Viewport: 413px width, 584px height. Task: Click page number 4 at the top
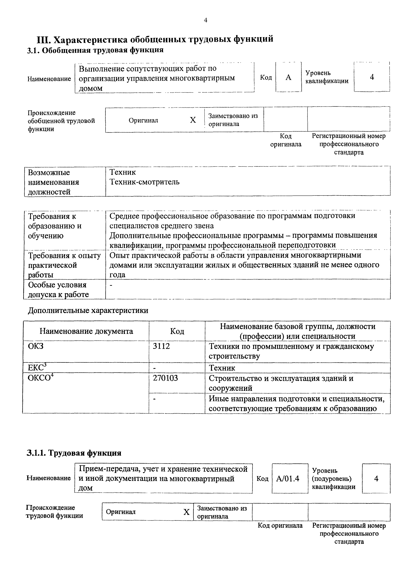205,20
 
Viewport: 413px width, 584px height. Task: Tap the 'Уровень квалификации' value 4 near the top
372,77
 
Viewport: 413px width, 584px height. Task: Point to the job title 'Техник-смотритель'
144,182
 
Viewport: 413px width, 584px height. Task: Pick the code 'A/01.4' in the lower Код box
288,479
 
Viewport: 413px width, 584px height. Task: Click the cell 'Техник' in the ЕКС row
222,368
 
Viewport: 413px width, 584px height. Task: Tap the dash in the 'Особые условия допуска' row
111,286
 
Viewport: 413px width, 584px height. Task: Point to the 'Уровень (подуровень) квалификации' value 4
376,479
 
